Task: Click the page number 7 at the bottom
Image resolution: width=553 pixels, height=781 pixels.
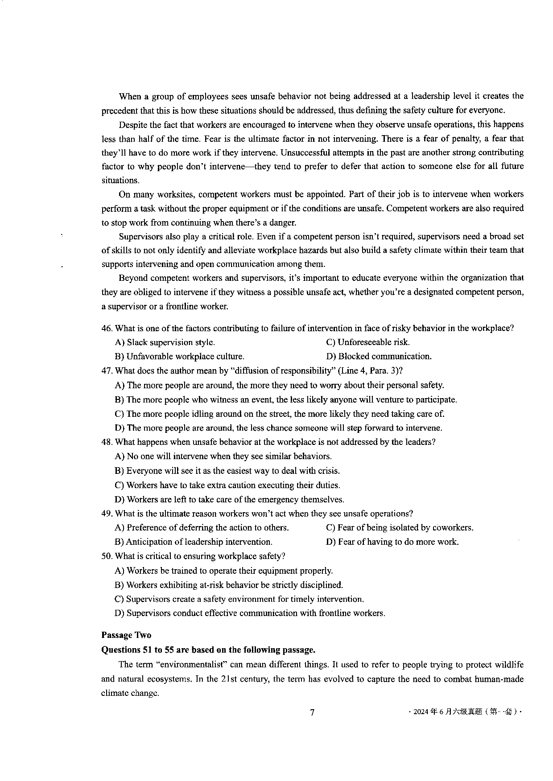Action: tap(312, 712)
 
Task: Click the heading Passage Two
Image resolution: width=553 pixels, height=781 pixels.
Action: tap(126, 635)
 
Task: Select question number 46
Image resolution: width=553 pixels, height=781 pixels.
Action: tap(107, 329)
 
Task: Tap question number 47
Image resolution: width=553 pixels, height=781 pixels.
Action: tap(107, 371)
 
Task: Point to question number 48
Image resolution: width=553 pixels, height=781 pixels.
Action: tap(107, 442)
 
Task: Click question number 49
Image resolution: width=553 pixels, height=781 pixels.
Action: tap(107, 514)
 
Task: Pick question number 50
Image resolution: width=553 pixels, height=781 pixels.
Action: tap(107, 556)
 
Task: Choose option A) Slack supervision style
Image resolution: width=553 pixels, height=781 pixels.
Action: tap(165, 342)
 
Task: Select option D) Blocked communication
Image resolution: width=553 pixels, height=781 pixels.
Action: tap(379, 357)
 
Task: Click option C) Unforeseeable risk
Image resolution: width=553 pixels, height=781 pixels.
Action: tap(368, 342)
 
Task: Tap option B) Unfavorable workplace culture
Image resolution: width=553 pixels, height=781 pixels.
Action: tap(179, 357)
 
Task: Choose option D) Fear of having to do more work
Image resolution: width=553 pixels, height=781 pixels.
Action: tap(392, 542)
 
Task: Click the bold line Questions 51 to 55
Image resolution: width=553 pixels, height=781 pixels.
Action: tap(209, 650)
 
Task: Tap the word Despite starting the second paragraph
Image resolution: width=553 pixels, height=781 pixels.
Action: tap(133, 125)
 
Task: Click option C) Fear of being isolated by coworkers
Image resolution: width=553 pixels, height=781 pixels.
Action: tap(400, 528)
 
